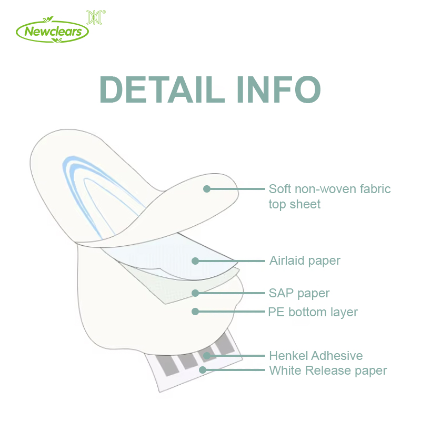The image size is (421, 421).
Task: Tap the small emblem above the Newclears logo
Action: (96, 17)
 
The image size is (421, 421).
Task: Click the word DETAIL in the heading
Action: (162, 89)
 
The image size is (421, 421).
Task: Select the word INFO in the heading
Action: (278, 89)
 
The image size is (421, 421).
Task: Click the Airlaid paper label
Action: (305, 260)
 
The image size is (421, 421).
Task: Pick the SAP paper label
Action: (299, 293)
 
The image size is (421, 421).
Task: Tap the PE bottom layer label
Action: (313, 312)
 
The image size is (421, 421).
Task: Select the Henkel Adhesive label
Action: (316, 356)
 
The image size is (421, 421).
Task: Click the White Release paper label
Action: (328, 371)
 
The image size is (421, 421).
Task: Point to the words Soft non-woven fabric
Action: (330, 189)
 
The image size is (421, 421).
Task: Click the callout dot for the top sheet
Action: (207, 189)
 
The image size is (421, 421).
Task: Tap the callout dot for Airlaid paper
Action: (195, 260)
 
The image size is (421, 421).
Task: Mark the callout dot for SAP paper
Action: (195, 293)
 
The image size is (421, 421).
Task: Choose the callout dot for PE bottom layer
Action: (195, 312)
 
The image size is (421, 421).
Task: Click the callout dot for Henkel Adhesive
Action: (207, 356)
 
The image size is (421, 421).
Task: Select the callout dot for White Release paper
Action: (203, 370)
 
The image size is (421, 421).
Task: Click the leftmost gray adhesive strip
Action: (167, 365)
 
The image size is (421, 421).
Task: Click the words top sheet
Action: (295, 205)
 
